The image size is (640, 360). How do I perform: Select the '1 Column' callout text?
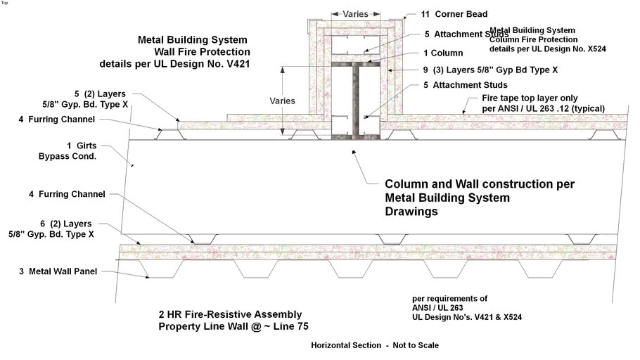[444, 53]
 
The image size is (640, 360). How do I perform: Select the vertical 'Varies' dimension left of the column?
[282, 101]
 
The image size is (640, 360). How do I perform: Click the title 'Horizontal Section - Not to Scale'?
[375, 345]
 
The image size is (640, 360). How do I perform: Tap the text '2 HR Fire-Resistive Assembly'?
[230, 314]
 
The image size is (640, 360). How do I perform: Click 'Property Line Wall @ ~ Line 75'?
[233, 326]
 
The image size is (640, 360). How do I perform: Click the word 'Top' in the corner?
[5, 3]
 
